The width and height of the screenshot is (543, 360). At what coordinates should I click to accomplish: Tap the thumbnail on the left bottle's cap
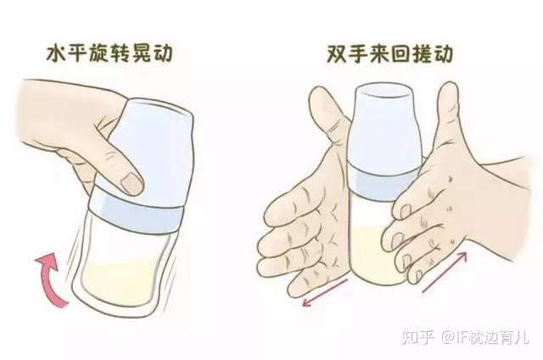(131, 183)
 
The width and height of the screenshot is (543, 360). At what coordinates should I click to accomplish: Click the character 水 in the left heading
(57, 54)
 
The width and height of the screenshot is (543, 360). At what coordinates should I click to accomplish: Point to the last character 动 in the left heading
(162, 54)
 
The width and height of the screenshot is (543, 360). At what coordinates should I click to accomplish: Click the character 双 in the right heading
(337, 54)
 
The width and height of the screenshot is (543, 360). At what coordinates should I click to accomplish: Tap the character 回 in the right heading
(400, 54)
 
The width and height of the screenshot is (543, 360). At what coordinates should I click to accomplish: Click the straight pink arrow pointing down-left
(325, 292)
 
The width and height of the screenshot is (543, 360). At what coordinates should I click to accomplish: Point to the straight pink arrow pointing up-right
(445, 273)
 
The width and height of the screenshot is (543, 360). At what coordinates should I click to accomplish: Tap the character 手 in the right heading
(358, 54)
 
